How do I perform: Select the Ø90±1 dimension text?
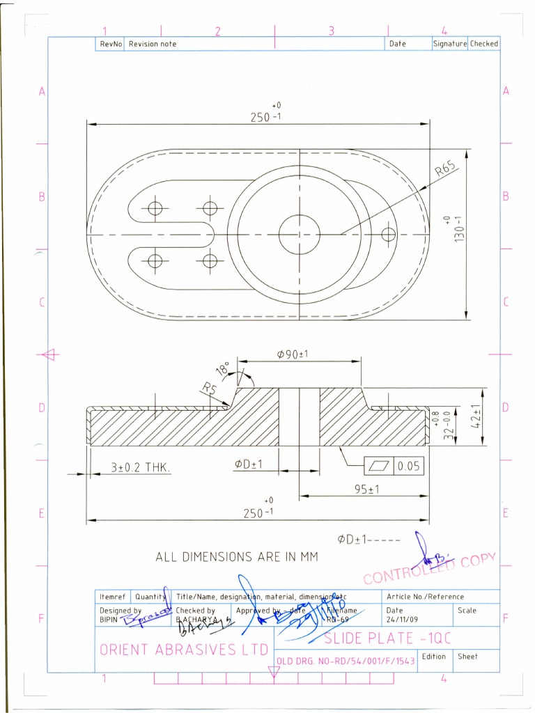pos(293,354)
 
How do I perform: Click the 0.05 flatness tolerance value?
pos(408,467)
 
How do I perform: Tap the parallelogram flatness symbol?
pos(378,467)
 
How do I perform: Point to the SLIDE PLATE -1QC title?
pos(377,638)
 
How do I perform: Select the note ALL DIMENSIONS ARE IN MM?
pos(237,557)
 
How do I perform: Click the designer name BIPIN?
pos(109,618)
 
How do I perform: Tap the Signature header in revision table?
pos(449,44)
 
